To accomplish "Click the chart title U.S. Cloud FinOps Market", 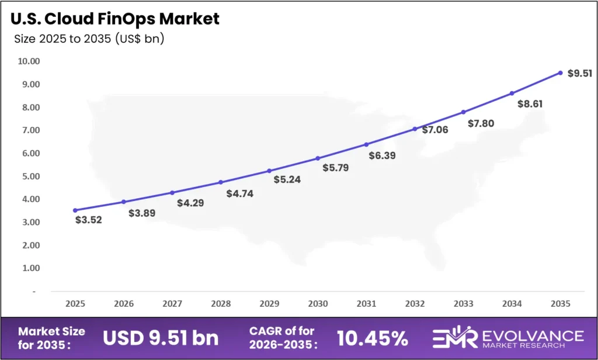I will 115,19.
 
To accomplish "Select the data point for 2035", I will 560,73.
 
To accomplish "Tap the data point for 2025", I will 75,210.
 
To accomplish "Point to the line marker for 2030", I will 318,158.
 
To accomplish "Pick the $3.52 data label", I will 89,220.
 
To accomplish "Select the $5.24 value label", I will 287,179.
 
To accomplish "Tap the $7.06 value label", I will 434,130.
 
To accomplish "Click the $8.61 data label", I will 530,103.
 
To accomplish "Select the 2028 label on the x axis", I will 221,304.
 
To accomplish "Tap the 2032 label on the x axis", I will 415,304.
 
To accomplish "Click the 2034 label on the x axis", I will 512,304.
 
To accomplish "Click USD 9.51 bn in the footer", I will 161,338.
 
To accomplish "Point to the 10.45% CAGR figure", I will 372,338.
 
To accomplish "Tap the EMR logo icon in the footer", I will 454,338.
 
